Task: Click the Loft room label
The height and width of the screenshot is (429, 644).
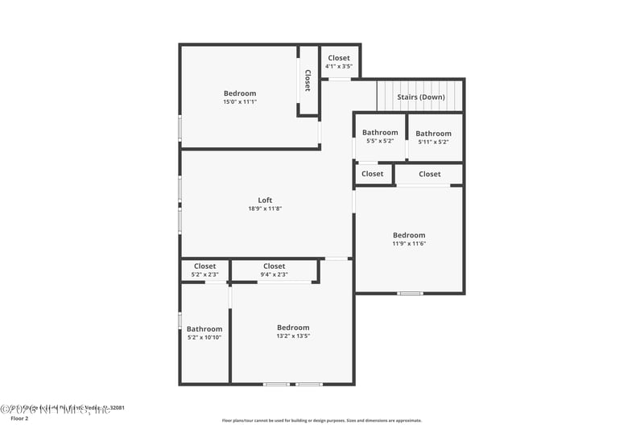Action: [265, 200]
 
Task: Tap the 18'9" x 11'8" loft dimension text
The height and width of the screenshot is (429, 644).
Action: [265, 209]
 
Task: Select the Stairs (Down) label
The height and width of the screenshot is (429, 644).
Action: [421, 97]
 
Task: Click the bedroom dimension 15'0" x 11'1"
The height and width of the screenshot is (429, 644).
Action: [240, 102]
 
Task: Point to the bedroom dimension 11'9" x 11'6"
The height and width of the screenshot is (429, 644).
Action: [409, 244]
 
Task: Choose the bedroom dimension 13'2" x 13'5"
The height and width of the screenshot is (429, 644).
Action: [293, 336]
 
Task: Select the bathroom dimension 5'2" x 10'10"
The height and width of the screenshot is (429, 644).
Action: [204, 337]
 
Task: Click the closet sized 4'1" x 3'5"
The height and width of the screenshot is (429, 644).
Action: [339, 67]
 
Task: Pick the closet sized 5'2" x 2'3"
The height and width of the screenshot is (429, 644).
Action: [204, 274]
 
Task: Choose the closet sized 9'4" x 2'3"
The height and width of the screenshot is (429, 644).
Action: [274, 274]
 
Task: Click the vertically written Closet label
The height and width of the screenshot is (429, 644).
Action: [308, 80]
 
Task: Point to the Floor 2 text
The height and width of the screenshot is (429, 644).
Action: [19, 419]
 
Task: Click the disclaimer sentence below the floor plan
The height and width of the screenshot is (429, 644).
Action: [321, 420]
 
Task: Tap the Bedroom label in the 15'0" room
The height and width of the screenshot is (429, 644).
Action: [240, 93]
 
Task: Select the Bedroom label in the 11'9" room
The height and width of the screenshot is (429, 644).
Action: [409, 235]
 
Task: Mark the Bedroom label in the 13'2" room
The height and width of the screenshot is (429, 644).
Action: [293, 328]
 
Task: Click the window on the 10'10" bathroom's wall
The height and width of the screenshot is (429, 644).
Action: [180, 320]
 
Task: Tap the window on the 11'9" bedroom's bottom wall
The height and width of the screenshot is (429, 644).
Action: [410, 293]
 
